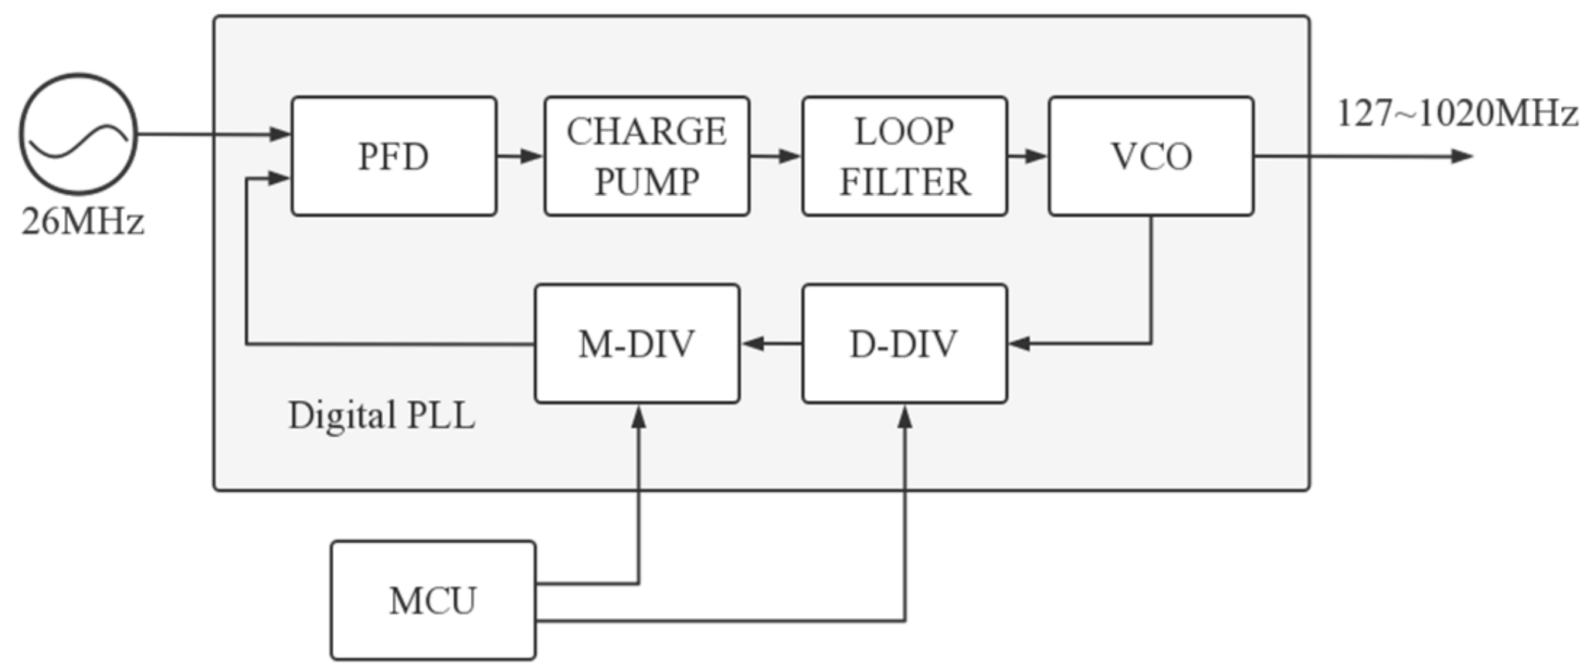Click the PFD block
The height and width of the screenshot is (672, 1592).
(x=393, y=156)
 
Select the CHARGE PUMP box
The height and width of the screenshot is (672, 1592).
(x=647, y=156)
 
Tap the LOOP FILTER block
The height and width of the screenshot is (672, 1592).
(x=905, y=156)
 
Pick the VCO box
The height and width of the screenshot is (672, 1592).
(x=1151, y=156)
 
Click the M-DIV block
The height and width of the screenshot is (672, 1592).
(x=637, y=344)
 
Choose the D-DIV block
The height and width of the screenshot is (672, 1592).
(x=905, y=344)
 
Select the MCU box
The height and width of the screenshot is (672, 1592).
(x=433, y=600)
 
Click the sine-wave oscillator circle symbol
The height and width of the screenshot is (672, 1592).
(x=78, y=134)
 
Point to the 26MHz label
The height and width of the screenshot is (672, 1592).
(x=83, y=222)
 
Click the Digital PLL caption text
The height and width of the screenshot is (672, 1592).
(x=381, y=416)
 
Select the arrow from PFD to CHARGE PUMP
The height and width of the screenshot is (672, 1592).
(x=521, y=156)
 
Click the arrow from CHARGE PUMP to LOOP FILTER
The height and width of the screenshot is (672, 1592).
(x=776, y=156)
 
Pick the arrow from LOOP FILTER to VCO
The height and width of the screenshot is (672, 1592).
(x=1027, y=156)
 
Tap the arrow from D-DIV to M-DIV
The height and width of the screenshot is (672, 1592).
(x=771, y=344)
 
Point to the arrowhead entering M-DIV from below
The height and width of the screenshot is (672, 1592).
(x=638, y=416)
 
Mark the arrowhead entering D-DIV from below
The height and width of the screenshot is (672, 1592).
(x=905, y=416)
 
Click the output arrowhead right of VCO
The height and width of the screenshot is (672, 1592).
(x=1461, y=156)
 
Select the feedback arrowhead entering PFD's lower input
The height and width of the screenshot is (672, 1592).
(x=279, y=179)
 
